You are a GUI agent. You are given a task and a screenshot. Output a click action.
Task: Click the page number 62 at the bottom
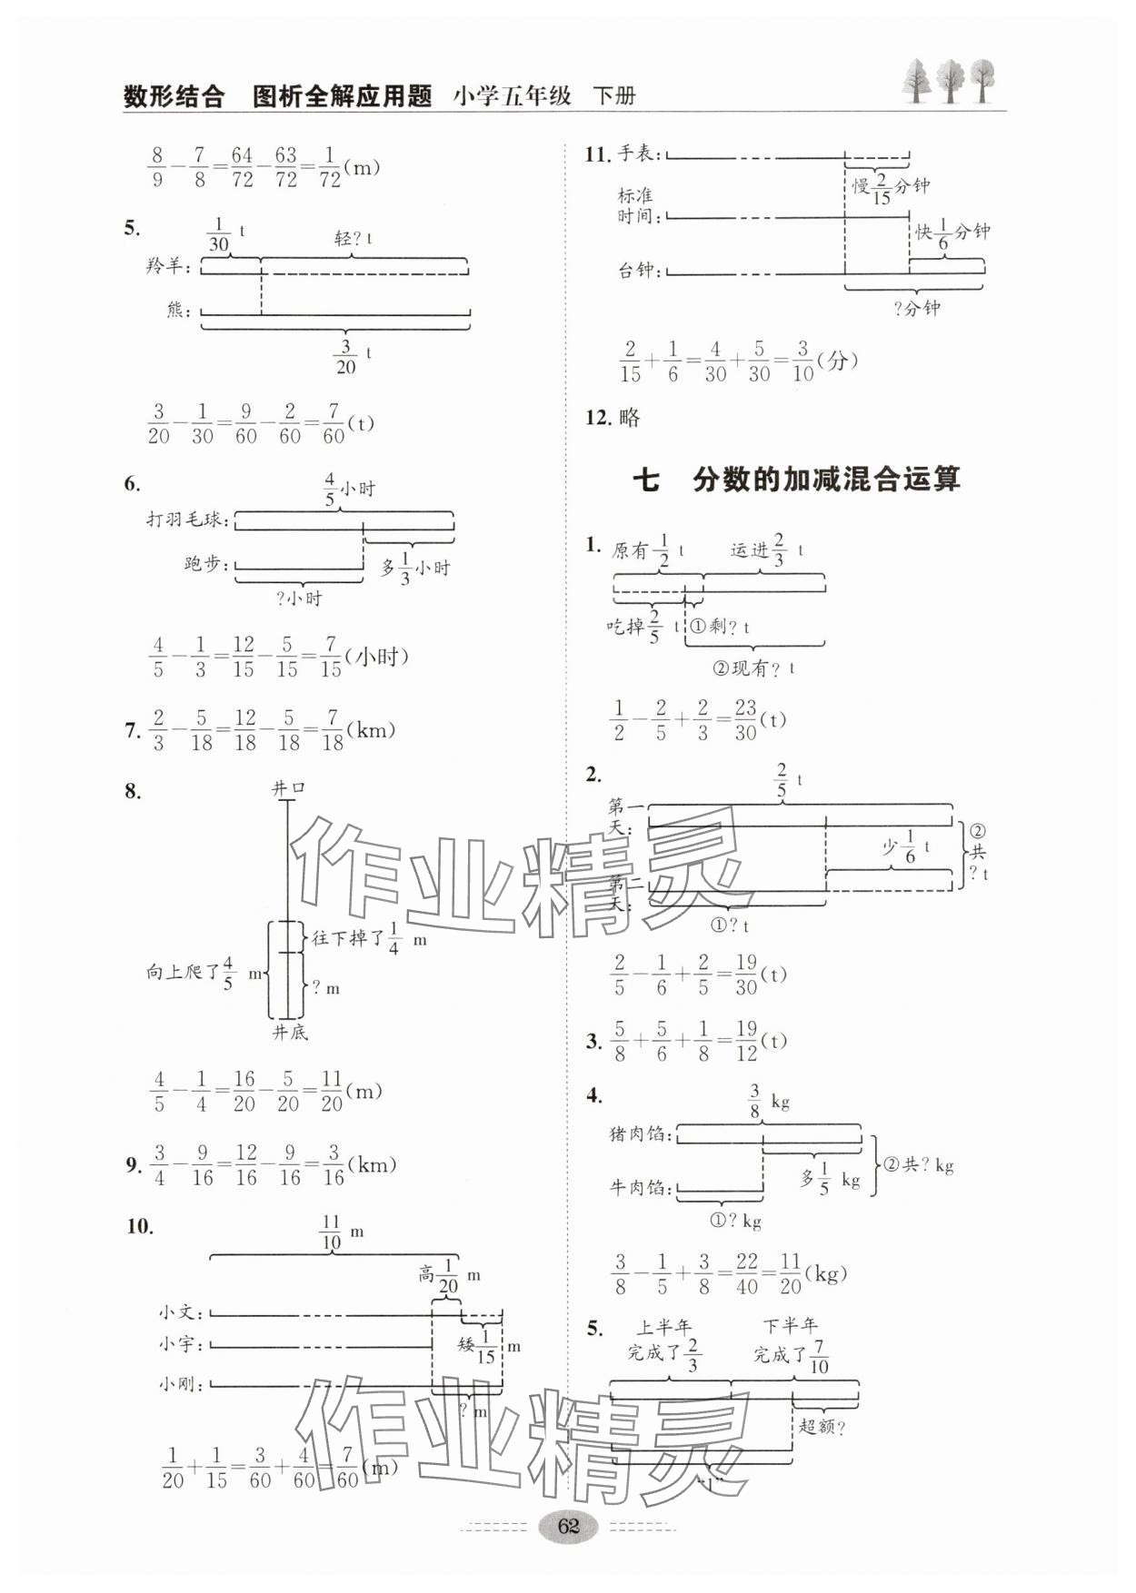(x=568, y=1526)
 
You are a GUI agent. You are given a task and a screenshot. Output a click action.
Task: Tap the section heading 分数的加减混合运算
(x=825, y=479)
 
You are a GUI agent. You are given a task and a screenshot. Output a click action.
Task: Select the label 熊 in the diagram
(x=178, y=311)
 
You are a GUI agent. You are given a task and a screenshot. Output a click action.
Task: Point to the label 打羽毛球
(x=185, y=520)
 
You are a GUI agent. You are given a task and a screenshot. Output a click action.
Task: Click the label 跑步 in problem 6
(x=203, y=565)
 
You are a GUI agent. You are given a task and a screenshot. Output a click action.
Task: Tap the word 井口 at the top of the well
(x=289, y=788)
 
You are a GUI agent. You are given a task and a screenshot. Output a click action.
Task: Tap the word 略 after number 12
(x=630, y=418)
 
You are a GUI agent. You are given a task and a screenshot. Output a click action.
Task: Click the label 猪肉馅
(x=639, y=1134)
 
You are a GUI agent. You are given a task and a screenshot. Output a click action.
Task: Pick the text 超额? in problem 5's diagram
(x=822, y=1427)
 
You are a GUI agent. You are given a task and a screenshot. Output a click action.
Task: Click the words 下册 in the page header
(x=613, y=96)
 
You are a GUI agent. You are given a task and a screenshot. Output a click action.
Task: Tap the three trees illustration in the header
(x=948, y=81)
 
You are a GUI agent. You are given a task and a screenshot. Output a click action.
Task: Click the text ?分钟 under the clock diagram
(x=916, y=309)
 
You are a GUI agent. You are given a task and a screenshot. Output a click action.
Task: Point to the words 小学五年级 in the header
(x=513, y=96)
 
